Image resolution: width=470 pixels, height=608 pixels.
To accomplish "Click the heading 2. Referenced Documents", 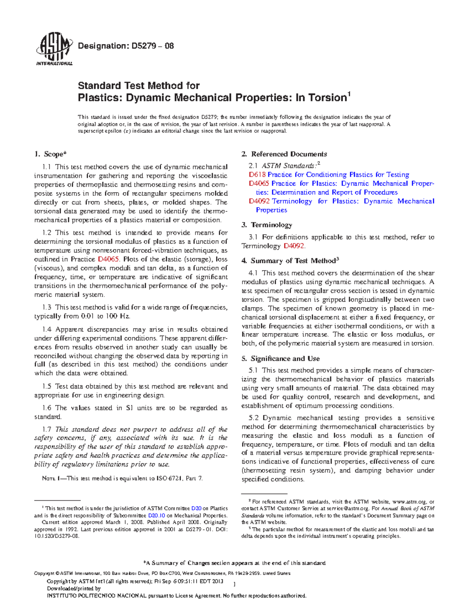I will (x=284, y=154).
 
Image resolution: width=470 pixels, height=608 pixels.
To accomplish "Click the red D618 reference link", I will (x=257, y=175).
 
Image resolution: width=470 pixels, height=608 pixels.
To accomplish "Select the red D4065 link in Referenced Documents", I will (x=258, y=184).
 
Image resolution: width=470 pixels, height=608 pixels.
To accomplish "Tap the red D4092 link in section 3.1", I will (x=293, y=246).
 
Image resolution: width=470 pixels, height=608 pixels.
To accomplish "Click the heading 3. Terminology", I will (x=267, y=225).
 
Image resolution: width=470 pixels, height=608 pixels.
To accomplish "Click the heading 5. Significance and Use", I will (x=280, y=358).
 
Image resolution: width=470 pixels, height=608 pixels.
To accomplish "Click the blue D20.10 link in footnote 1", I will (x=156, y=516).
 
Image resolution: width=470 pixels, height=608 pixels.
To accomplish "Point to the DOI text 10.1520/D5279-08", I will (x=57, y=536).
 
